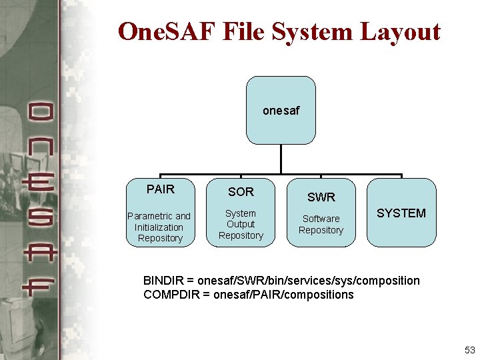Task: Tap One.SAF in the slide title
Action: coord(169,31)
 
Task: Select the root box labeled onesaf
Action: coord(281,110)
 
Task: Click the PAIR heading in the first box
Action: coord(160,189)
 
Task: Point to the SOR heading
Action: coord(241,192)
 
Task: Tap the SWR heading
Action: coord(321,197)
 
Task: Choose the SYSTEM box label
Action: coord(401,213)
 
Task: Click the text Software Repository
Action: coord(321,224)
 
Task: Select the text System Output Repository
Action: coord(241,225)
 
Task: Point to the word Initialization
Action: coord(159,227)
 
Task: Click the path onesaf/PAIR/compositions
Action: coord(283,295)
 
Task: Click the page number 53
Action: coord(469,350)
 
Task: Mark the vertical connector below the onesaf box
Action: coord(281,159)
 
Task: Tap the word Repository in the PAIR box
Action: coord(160,238)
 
